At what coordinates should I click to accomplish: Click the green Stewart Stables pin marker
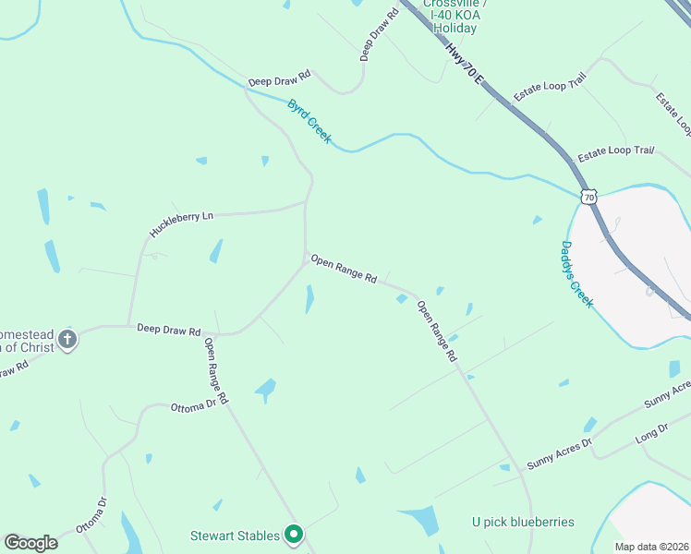click(294, 534)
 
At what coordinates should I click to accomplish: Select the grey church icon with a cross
click(67, 340)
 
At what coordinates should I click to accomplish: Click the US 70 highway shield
click(588, 197)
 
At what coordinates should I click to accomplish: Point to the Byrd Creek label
click(309, 122)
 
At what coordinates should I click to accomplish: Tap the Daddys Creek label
click(576, 274)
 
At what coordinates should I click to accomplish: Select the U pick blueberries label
click(522, 523)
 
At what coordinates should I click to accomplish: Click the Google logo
click(30, 543)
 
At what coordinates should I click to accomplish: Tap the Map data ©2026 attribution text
click(651, 547)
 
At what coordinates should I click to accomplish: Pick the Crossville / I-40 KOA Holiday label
click(455, 16)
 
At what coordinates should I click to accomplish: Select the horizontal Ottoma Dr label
click(193, 405)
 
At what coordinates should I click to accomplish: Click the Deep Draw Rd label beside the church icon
click(168, 330)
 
